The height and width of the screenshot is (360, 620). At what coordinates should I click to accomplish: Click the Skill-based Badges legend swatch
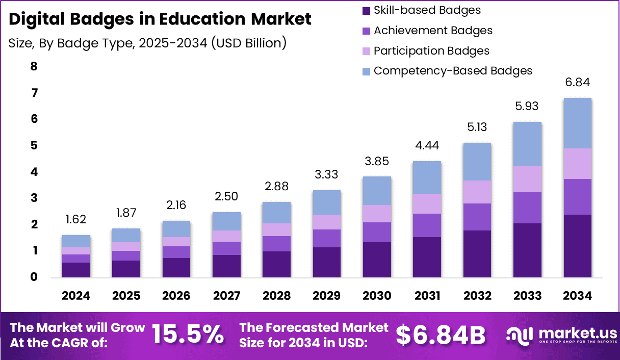[366, 11]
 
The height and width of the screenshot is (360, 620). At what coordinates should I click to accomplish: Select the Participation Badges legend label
[431, 51]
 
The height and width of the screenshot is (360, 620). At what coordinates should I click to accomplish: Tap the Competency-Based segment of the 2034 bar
[577, 123]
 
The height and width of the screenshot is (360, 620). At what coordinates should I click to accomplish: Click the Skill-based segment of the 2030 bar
[377, 260]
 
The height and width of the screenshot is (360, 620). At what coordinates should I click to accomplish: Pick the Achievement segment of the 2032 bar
[477, 217]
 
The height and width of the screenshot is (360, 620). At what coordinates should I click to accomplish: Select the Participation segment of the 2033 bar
[527, 179]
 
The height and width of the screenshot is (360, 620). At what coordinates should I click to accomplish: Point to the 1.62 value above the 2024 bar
[76, 219]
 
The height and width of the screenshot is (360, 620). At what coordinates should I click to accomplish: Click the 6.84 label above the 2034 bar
[577, 82]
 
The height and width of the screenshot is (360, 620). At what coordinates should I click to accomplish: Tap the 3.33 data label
[327, 174]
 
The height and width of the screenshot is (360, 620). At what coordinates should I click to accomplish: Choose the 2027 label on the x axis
[226, 296]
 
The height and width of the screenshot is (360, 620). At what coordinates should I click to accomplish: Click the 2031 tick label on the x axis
[427, 296]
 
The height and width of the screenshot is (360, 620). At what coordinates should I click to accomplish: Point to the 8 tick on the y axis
[34, 66]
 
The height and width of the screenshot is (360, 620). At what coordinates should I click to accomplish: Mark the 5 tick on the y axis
[34, 145]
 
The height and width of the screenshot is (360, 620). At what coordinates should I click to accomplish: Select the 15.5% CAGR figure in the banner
[188, 335]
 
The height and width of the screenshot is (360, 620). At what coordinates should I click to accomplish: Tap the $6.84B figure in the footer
[441, 336]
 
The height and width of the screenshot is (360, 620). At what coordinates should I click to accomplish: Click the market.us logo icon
[520, 336]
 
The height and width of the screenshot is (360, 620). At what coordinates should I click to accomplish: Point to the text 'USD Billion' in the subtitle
[248, 43]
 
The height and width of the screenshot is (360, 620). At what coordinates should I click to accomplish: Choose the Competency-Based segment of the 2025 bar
[126, 236]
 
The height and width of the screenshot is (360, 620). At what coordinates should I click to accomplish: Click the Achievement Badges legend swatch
[366, 31]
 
